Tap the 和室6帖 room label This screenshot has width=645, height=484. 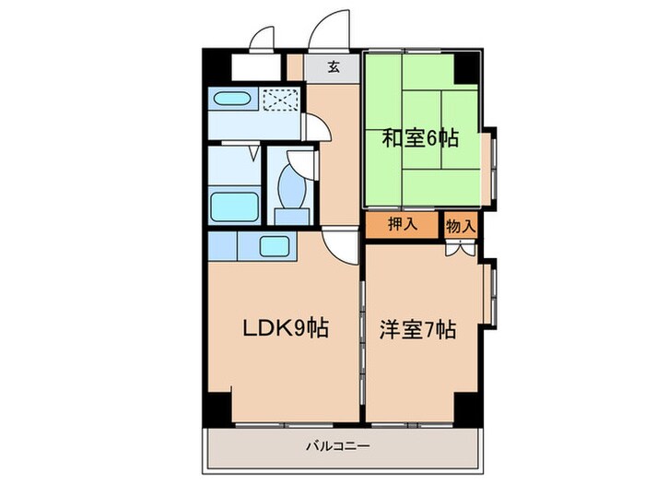(x=420, y=139)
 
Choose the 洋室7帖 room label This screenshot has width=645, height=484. (x=417, y=329)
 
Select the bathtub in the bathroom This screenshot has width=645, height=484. (x=233, y=204)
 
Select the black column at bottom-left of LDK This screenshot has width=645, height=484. (x=218, y=407)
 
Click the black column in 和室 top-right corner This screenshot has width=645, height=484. (x=467, y=67)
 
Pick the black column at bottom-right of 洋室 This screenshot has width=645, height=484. (x=468, y=407)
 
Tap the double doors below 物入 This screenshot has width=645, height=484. (x=460, y=247)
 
